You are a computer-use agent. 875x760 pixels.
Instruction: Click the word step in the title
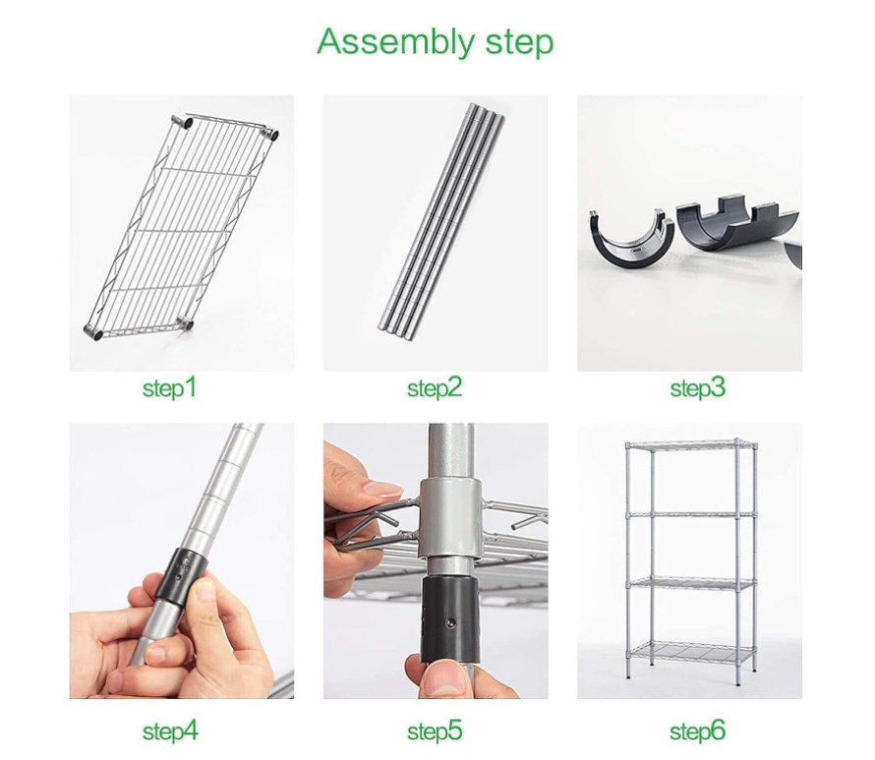tap(519, 42)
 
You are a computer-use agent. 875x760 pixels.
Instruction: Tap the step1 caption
tap(170, 387)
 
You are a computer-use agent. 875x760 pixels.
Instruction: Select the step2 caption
tap(435, 387)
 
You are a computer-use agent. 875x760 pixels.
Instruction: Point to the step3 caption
tap(698, 387)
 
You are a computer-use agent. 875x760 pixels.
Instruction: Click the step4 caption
tap(170, 731)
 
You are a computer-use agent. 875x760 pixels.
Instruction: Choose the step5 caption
tap(435, 731)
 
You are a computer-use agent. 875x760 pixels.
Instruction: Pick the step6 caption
tap(698, 731)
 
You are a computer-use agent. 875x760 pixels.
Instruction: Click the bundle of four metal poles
tap(440, 220)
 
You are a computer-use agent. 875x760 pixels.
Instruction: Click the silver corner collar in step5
tap(450, 519)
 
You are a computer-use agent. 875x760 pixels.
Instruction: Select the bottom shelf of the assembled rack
tap(691, 652)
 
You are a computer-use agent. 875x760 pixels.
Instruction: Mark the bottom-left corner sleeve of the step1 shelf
tap(93, 331)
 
